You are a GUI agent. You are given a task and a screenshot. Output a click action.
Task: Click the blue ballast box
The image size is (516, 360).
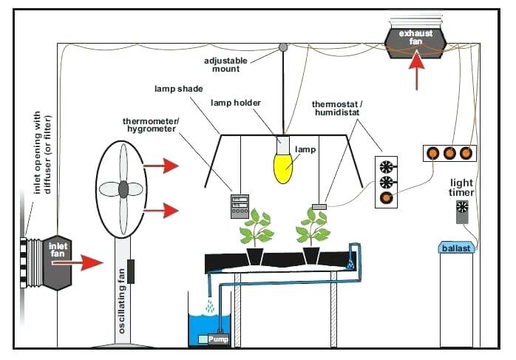pos(456,248)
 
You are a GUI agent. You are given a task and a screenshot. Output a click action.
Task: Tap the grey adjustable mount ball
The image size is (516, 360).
pos(282,48)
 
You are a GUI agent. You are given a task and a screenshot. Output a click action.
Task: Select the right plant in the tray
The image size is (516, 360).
pos(311,229)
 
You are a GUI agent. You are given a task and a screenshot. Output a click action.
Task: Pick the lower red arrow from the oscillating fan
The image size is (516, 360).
pos(163,212)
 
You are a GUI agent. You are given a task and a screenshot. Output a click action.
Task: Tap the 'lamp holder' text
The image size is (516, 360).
pos(236,103)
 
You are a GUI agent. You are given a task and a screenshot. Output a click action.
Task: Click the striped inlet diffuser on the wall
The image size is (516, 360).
pos(30,262)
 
